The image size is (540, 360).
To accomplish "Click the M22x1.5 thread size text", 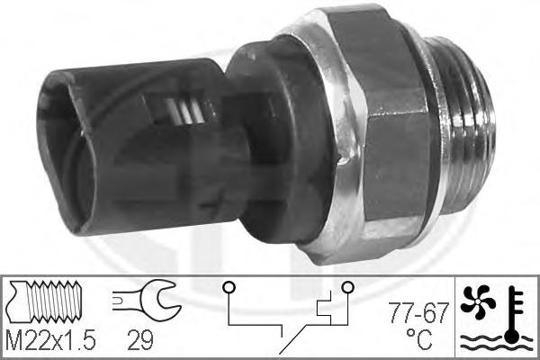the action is (50, 340).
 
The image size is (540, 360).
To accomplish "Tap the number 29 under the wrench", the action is (139, 340).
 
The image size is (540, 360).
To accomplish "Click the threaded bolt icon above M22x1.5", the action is (45, 301).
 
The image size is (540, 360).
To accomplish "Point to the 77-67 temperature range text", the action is (418, 313).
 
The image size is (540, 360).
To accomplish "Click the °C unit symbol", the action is (418, 339).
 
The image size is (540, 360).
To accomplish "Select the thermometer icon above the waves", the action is (514, 314).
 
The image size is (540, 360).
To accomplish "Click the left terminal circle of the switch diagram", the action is (229, 287).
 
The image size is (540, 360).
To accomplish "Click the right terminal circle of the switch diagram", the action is (347, 287).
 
